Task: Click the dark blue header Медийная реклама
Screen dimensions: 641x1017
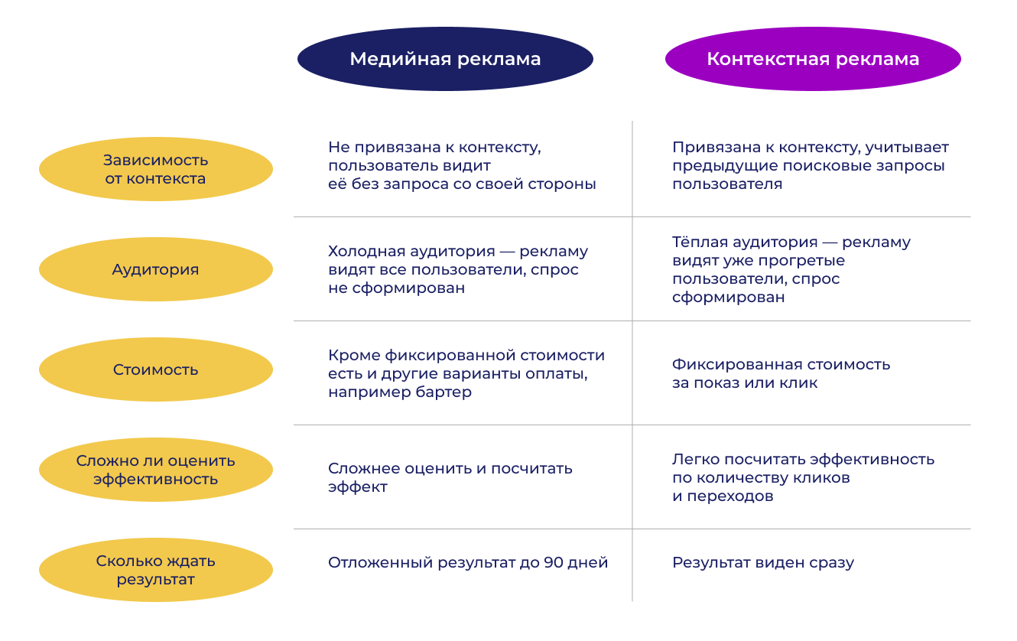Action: tap(445, 59)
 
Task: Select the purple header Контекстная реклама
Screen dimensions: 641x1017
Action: tap(813, 59)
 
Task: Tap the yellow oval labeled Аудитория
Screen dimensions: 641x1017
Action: tap(155, 269)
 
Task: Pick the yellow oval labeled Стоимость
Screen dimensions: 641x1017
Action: tap(155, 369)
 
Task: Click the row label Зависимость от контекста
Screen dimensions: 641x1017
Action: tap(155, 169)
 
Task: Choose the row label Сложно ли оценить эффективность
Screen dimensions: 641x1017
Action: tap(155, 470)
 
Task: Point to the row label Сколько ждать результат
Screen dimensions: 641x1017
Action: tap(155, 570)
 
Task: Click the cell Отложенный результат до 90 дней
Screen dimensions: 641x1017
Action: tap(467, 563)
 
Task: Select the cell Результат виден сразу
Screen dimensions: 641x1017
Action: tap(762, 563)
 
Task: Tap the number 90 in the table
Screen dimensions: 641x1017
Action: tap(554, 563)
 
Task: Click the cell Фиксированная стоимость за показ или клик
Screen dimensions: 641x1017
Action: tap(781, 373)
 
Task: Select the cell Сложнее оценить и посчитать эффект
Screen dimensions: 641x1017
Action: tap(450, 477)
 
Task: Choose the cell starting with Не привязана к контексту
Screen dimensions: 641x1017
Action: tap(461, 165)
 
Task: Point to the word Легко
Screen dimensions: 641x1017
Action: tap(694, 460)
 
